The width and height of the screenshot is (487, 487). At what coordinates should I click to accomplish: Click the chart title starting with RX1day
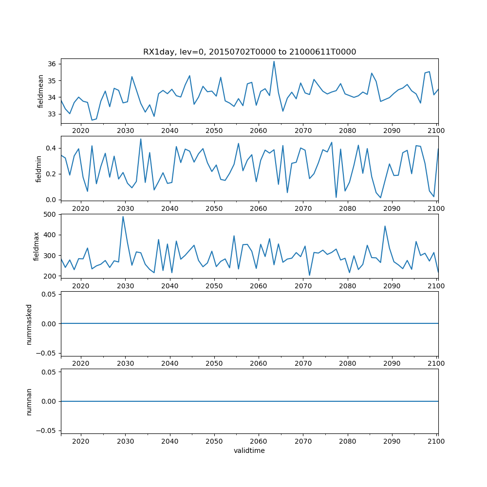[x=249, y=52]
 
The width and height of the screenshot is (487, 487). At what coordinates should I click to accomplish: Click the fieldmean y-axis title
[x=41, y=91]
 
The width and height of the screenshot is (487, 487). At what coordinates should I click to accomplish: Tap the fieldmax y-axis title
[x=36, y=246]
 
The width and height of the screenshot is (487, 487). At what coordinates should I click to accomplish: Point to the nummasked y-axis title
[x=29, y=323]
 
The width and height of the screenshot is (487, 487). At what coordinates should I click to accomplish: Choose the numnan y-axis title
[x=29, y=401]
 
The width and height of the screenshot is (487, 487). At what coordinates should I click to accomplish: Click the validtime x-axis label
[x=249, y=451]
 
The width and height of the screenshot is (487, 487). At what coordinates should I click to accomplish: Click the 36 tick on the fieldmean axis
[x=52, y=64]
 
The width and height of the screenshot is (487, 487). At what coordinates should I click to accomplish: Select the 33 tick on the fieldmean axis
[x=52, y=114]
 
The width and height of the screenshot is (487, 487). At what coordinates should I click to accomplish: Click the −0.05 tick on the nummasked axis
[x=46, y=353]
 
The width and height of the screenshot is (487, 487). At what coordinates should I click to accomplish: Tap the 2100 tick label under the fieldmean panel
[x=436, y=131]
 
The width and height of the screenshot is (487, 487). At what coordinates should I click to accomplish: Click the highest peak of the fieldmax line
[x=123, y=217]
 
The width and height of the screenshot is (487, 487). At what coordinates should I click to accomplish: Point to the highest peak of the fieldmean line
[x=274, y=61]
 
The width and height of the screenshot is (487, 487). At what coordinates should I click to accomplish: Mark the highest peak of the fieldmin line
[x=141, y=139]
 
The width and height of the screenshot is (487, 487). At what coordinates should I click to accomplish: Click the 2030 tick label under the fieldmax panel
[x=125, y=286]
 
